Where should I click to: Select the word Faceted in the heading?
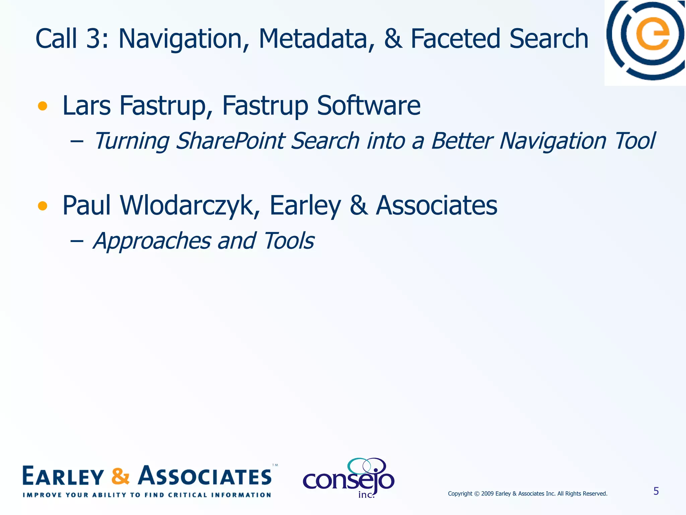pyautogui.click(x=456, y=39)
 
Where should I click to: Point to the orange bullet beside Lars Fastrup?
pyautogui.click(x=43, y=106)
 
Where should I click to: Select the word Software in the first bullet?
pyautogui.click(x=368, y=106)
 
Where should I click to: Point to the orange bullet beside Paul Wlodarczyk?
pyautogui.click(x=43, y=206)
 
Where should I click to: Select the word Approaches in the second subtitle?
pyautogui.click(x=152, y=241)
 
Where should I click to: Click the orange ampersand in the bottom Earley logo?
pyautogui.click(x=120, y=476)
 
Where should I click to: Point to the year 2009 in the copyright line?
pyautogui.click(x=487, y=494)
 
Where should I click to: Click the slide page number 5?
pyautogui.click(x=656, y=491)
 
